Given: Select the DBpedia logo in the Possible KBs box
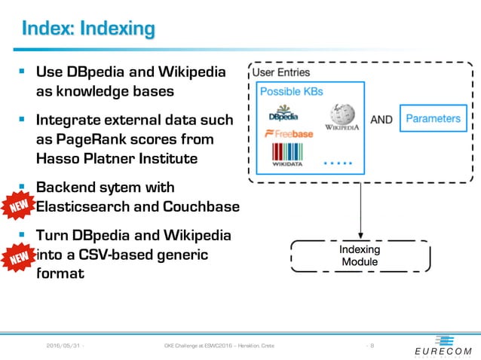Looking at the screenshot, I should coord(283,115).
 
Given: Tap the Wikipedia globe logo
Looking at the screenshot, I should coord(341,117).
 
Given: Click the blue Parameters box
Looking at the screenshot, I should coord(433,118).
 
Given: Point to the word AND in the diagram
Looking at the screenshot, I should coord(381,119).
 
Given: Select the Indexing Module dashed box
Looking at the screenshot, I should coord(360,255).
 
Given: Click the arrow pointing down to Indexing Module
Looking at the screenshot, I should coord(360,211).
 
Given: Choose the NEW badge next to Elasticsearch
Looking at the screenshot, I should coord(19,205).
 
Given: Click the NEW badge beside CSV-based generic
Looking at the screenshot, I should coord(19,258).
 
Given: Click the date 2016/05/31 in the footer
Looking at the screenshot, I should coord(64,346).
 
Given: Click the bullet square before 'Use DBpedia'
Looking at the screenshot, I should coord(23,73).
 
